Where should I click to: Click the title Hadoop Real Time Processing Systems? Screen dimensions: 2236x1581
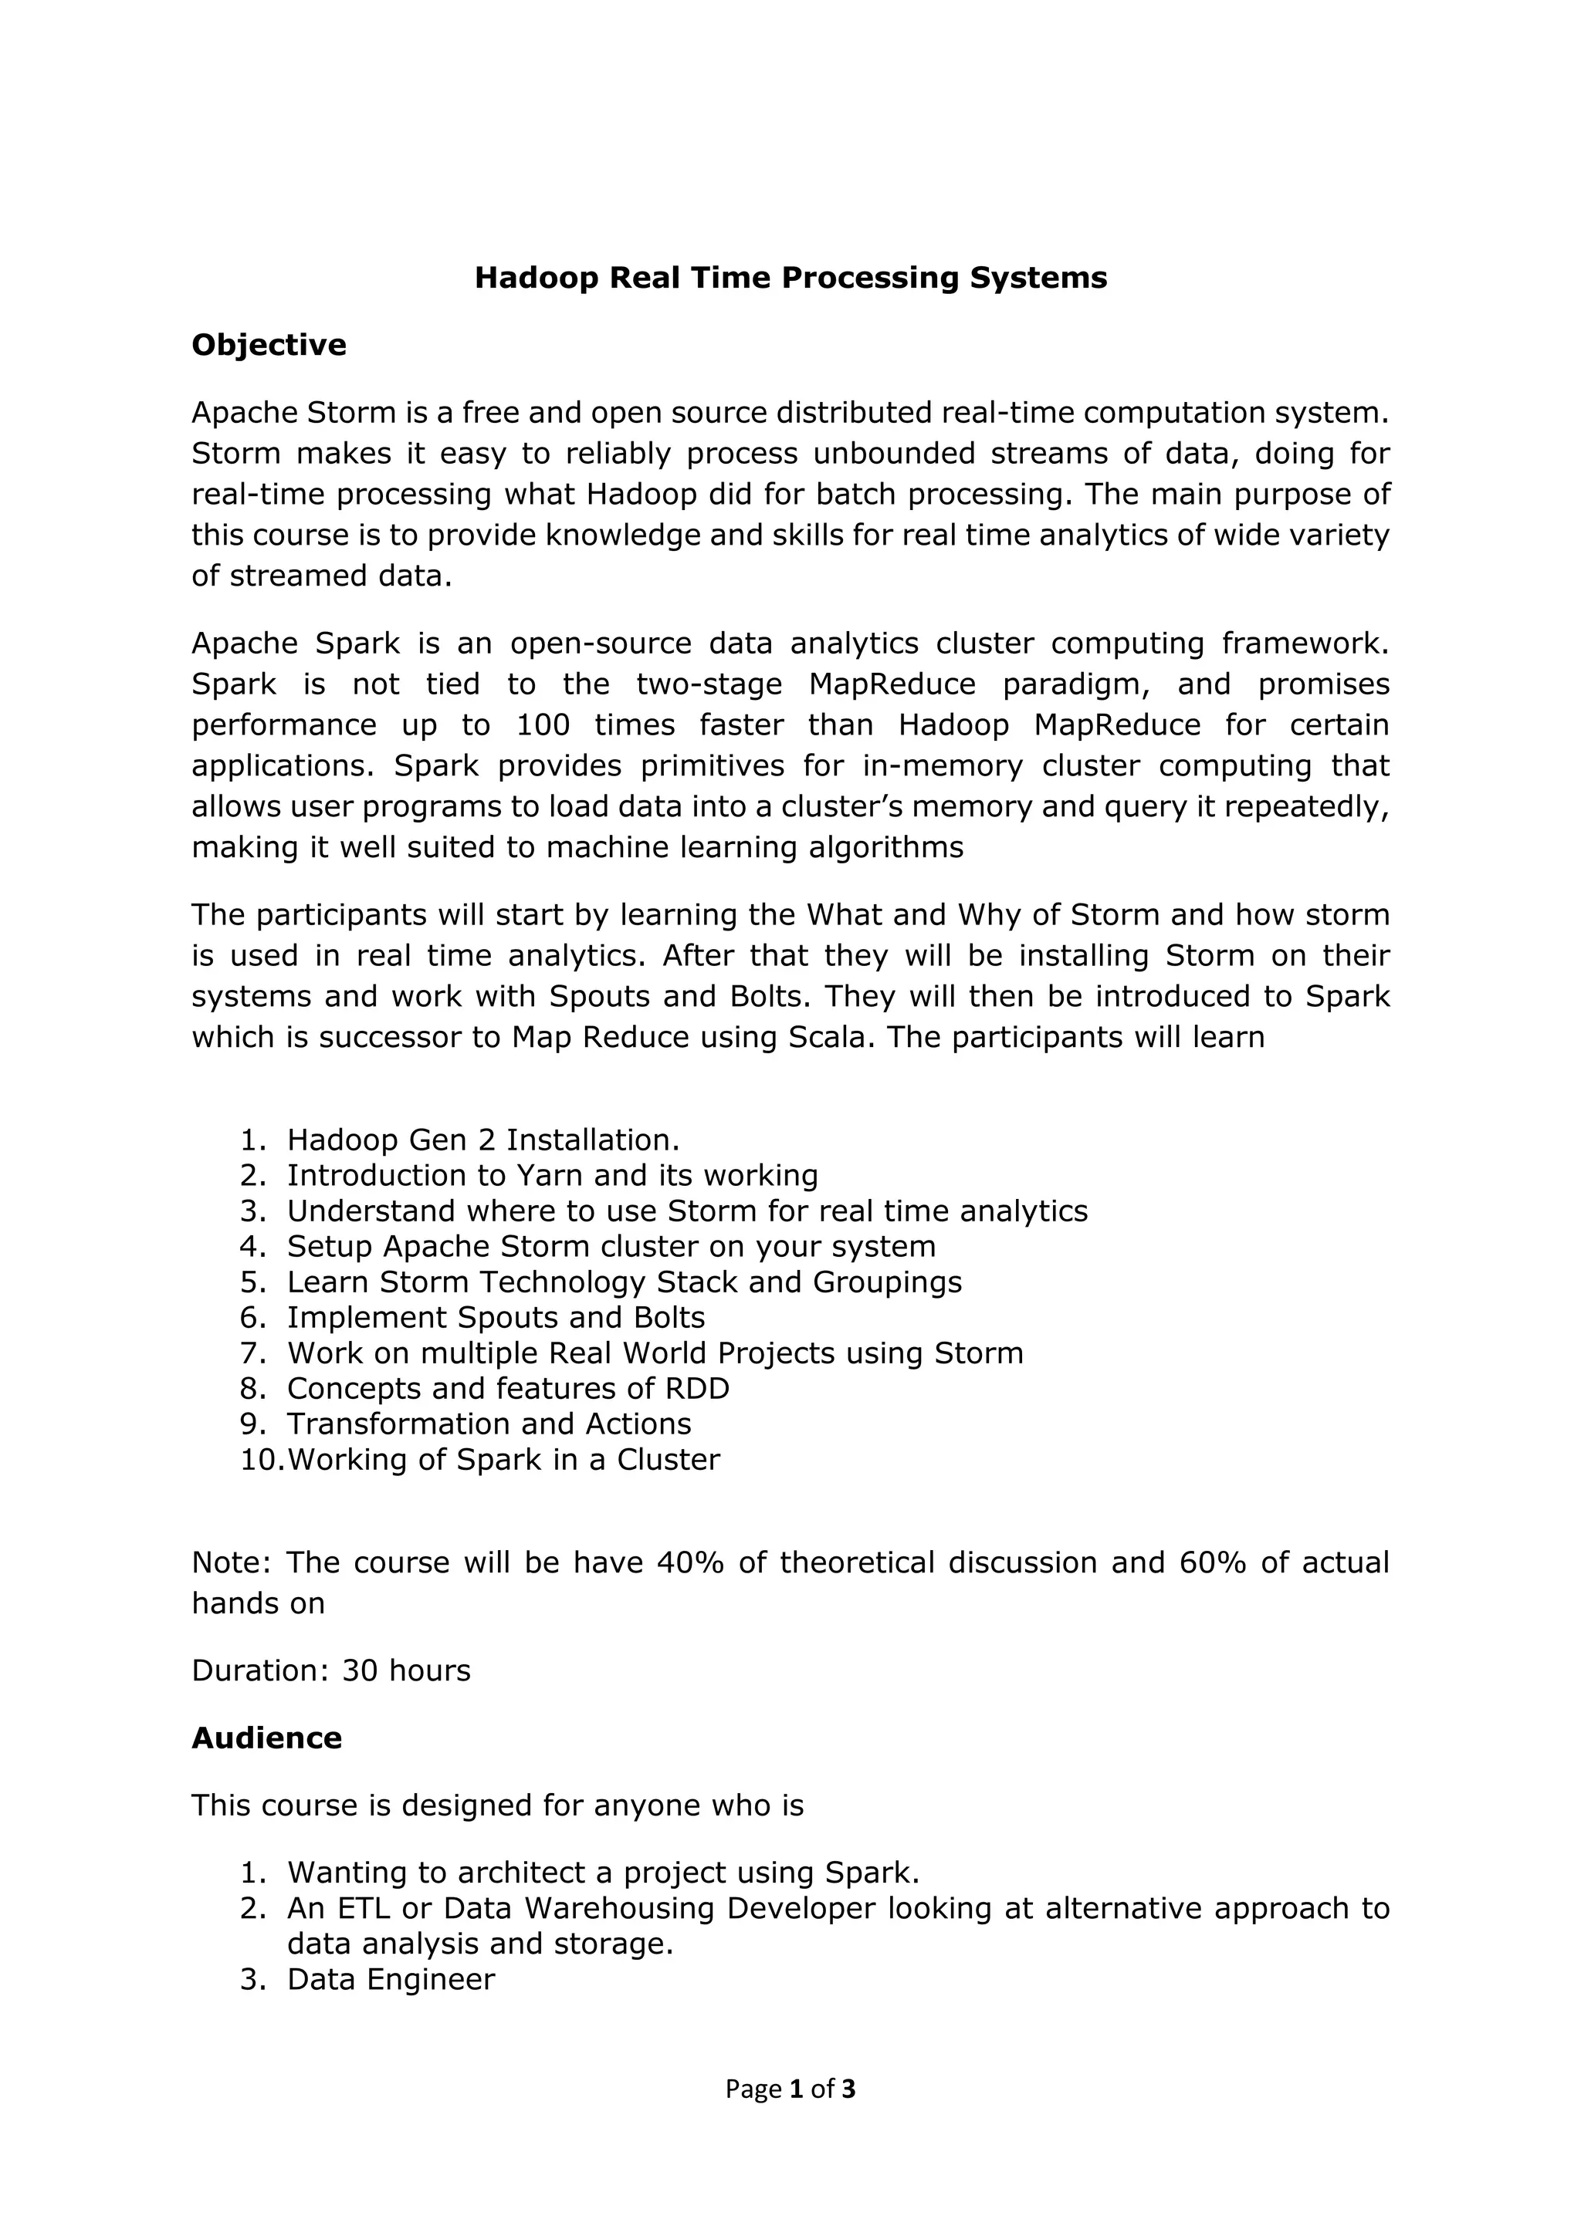click(790, 279)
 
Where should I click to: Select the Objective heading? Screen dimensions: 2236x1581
click(269, 346)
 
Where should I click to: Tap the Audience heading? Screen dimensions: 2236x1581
click(267, 1738)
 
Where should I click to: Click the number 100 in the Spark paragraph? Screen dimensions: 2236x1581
click(543, 725)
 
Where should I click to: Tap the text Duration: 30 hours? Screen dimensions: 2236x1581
click(331, 1670)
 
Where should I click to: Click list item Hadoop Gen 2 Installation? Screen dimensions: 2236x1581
click(483, 1140)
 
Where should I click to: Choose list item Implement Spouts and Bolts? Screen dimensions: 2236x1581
click(495, 1318)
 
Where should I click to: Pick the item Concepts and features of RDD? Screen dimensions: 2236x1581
click(507, 1389)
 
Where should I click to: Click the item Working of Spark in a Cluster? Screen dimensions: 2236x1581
click(503, 1460)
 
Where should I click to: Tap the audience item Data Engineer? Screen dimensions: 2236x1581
click(391, 1980)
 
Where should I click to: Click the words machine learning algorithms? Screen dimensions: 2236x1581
click(755, 848)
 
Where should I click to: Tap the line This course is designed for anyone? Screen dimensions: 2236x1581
click(497, 1805)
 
